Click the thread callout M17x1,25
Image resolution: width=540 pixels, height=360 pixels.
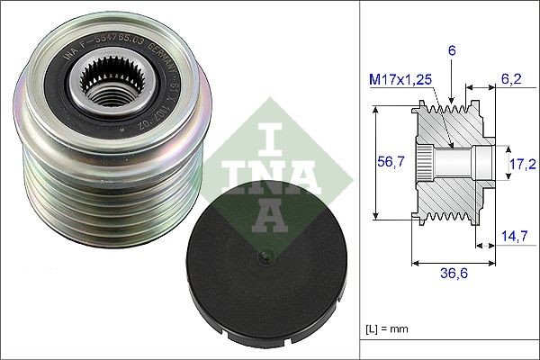[403, 79]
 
